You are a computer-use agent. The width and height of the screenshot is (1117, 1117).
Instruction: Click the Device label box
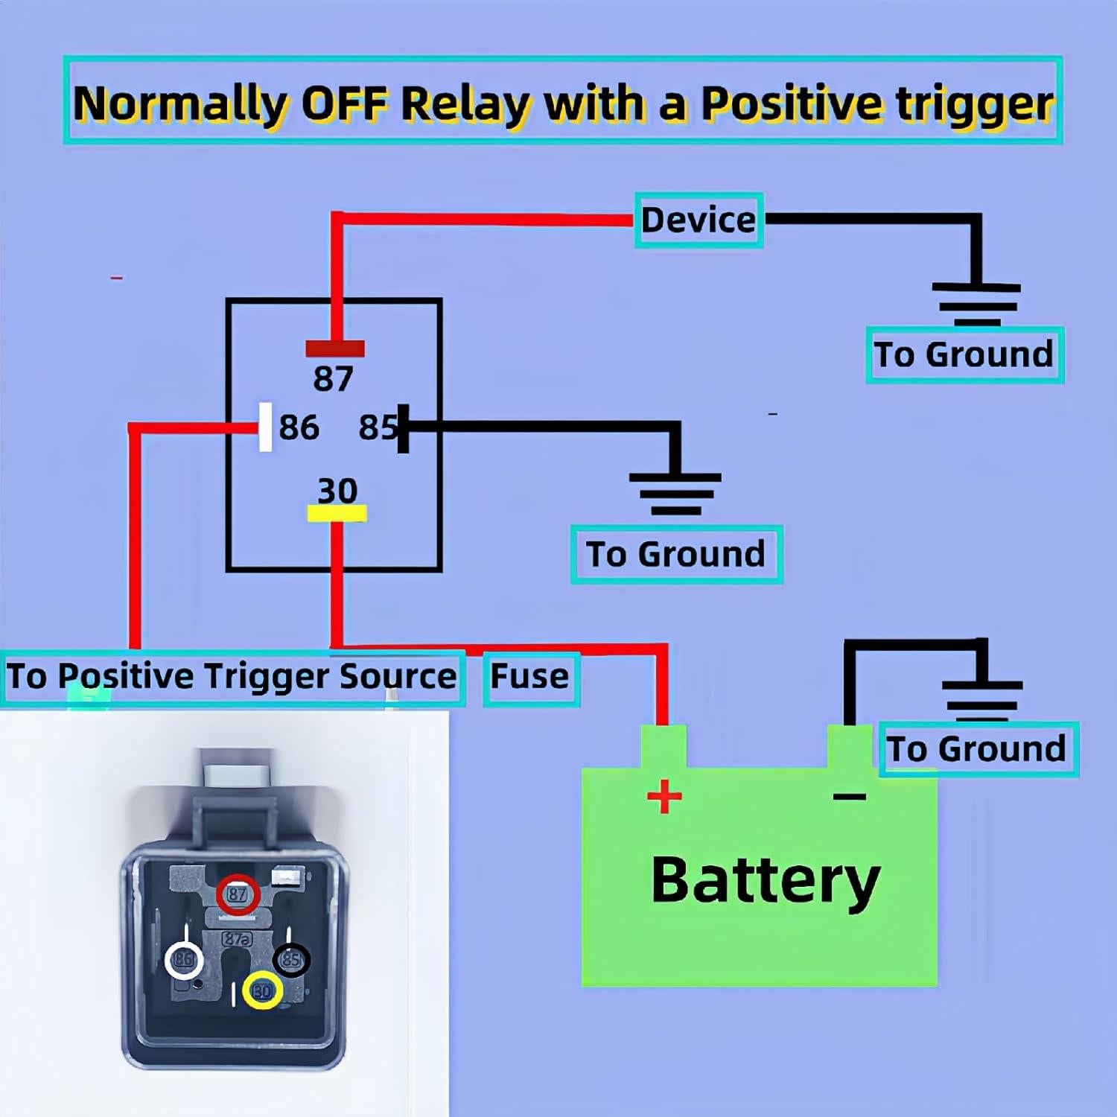pyautogui.click(x=698, y=220)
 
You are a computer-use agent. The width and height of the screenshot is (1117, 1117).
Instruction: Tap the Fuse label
pyautogui.click(x=529, y=677)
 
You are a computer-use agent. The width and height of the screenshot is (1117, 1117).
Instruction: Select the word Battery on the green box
pyautogui.click(x=766, y=880)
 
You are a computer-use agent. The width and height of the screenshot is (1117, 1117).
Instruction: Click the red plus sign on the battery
pyautogui.click(x=664, y=798)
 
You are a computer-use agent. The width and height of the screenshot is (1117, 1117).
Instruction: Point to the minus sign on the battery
pyautogui.click(x=849, y=797)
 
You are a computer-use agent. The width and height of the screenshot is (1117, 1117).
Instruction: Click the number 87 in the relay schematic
pyautogui.click(x=333, y=378)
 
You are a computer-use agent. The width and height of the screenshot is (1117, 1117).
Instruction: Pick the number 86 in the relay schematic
pyautogui.click(x=299, y=428)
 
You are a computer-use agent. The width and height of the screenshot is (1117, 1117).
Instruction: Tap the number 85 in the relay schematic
pyautogui.click(x=378, y=428)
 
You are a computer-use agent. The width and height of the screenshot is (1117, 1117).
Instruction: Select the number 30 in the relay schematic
pyautogui.click(x=337, y=490)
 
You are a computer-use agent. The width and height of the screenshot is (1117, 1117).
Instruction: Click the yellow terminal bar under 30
pyautogui.click(x=337, y=513)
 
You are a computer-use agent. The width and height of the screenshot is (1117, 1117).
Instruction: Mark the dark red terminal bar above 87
pyautogui.click(x=335, y=349)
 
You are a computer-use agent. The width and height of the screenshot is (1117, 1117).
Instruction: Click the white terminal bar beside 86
pyautogui.click(x=265, y=427)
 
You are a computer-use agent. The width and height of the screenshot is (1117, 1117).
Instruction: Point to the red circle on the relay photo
pyautogui.click(x=238, y=894)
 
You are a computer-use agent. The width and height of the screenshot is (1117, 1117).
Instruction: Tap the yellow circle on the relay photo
pyautogui.click(x=263, y=990)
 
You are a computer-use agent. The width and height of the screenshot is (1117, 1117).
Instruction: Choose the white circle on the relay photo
pyautogui.click(x=184, y=960)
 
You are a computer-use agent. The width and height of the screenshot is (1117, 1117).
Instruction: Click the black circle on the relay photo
pyautogui.click(x=291, y=959)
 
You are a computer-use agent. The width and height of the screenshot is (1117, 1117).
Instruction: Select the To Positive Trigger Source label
pyautogui.click(x=232, y=677)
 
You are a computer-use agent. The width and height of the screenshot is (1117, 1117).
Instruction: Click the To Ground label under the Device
pyautogui.click(x=964, y=354)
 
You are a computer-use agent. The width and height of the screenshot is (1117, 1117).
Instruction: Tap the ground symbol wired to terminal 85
pyautogui.click(x=675, y=492)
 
